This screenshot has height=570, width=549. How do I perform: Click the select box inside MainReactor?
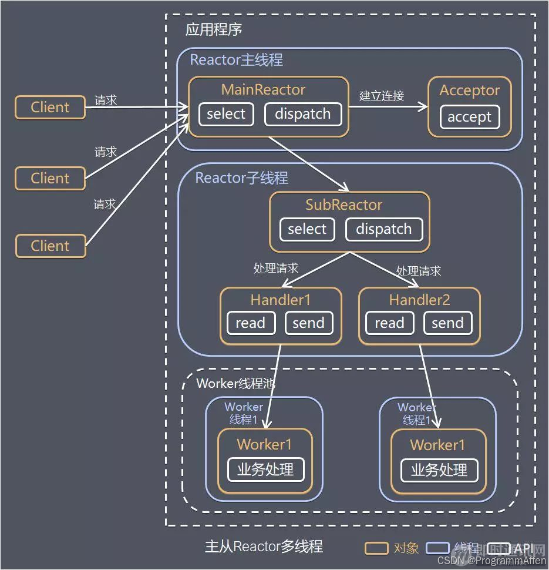pos(226,114)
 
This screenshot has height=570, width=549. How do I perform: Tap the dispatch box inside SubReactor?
pos(384,229)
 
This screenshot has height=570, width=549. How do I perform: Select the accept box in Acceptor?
pos(469,117)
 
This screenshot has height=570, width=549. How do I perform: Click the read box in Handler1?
pos(251,323)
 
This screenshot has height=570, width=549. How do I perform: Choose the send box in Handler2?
pos(447,323)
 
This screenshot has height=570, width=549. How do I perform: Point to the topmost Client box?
pos(50,107)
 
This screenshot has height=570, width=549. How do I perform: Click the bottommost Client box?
pos(50,246)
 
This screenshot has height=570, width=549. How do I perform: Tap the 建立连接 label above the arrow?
pos(382,96)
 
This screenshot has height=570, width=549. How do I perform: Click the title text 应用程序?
pos(214,29)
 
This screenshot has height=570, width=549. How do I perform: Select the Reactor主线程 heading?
pos(237,59)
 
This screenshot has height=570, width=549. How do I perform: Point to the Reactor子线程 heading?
pos(241,178)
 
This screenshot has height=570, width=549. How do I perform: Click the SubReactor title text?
pos(343,204)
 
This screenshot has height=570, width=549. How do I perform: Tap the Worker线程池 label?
pos(235,383)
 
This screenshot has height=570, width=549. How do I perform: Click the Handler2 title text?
pos(420,300)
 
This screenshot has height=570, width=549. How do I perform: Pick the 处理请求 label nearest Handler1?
pos(276,269)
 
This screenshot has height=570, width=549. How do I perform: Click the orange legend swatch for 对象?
pos(376,548)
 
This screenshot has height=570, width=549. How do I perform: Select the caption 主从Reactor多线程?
pos(264,546)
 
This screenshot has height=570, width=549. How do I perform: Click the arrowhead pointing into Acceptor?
pos(423,106)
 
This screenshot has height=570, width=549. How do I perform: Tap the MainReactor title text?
pos(264,90)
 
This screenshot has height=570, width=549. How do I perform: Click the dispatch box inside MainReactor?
pos(303,114)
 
